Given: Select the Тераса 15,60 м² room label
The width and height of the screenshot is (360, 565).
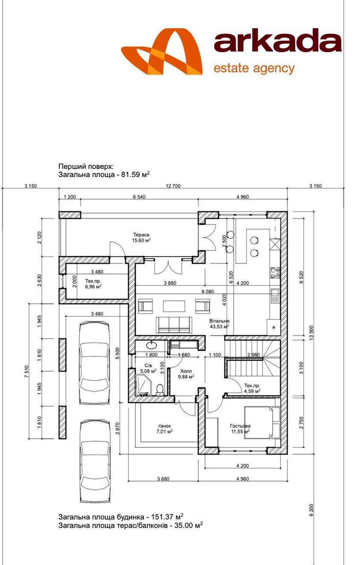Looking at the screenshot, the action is click(x=141, y=238).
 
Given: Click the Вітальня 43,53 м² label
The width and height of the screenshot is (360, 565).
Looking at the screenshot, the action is click(x=219, y=324).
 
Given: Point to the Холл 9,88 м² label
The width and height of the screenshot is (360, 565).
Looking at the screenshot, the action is click(x=187, y=374).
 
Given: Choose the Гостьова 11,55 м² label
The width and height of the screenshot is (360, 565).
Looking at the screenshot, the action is click(x=240, y=428).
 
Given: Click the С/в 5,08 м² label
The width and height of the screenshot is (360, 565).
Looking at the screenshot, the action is click(x=148, y=368).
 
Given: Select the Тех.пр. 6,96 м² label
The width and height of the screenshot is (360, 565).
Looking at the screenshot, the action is click(x=93, y=284).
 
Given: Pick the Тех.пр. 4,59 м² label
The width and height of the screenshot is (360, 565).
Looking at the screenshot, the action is click(x=252, y=388).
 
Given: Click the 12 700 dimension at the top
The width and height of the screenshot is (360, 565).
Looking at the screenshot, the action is click(x=173, y=186).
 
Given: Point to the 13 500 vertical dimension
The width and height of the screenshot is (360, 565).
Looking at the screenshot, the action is click(x=311, y=333).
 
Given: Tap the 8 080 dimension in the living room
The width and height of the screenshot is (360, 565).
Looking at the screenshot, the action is click(x=207, y=291).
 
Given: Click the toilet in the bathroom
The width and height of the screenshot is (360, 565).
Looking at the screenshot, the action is click(x=160, y=389).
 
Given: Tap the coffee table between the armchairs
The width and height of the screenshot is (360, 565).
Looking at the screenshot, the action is click(x=174, y=306).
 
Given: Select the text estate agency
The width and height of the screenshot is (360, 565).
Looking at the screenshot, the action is click(x=254, y=69).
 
